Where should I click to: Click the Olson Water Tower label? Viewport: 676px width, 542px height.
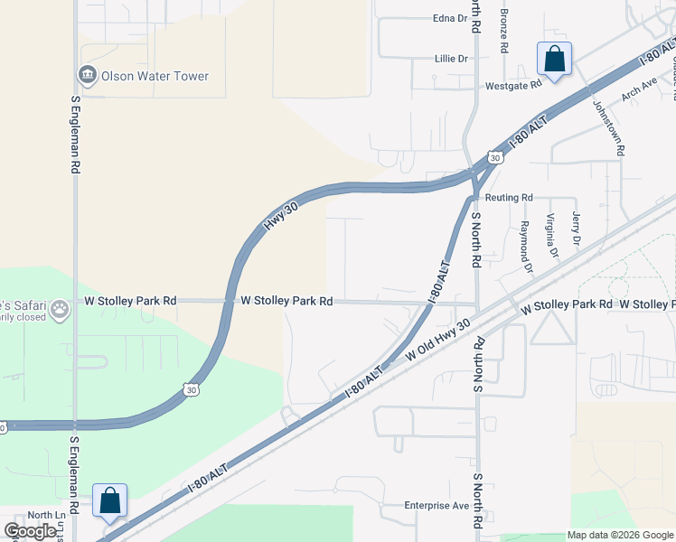(x=155, y=76)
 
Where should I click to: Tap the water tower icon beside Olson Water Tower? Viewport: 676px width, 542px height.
(x=89, y=75)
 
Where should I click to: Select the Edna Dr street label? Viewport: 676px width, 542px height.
(x=449, y=17)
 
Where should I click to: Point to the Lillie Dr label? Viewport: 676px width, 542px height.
(x=451, y=59)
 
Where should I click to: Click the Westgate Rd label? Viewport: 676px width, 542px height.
(x=513, y=83)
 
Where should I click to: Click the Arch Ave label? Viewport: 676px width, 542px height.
(x=639, y=89)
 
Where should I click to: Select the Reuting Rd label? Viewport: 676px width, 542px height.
(x=509, y=197)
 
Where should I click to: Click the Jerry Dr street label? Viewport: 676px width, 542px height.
(x=576, y=228)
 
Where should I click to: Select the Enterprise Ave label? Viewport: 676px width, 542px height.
(x=437, y=505)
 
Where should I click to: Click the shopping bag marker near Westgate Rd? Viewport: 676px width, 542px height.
(x=554, y=59)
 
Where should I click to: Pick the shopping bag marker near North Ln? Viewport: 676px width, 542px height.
(x=109, y=500)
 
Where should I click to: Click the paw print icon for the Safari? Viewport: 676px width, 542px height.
(x=60, y=310)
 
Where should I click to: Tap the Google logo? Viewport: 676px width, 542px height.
(x=32, y=532)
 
